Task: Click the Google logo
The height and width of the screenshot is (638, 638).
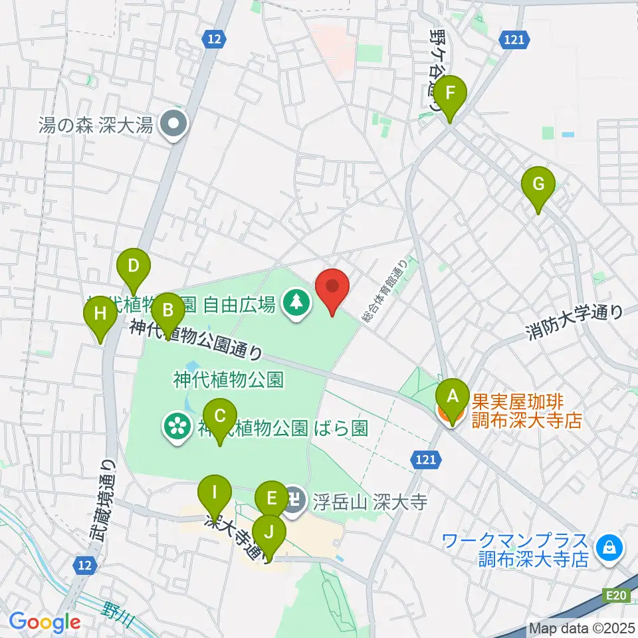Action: coord(45,623)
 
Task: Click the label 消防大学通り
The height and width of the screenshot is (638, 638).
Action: coord(574,321)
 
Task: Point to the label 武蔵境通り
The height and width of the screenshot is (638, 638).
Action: coord(106,499)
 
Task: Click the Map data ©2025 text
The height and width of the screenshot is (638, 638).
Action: coord(582,628)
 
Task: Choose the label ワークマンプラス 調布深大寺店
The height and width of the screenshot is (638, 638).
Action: coord(534,549)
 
